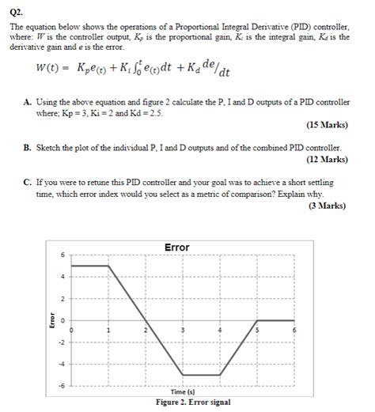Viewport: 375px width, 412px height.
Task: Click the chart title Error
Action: (176, 248)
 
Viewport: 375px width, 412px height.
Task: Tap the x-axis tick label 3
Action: (184, 328)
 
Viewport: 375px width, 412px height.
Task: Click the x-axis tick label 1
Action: (108, 328)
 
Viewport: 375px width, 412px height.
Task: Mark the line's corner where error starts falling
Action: (108, 266)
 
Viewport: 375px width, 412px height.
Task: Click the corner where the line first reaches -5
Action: (184, 374)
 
